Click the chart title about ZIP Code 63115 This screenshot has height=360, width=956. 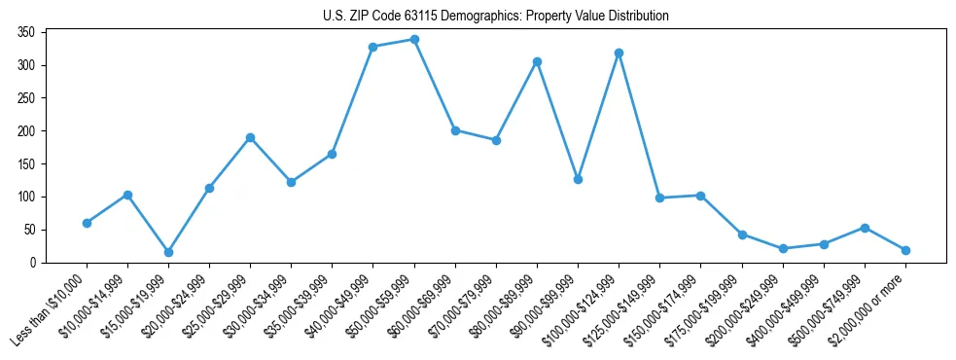coord(495,17)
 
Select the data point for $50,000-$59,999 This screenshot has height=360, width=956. coord(414,40)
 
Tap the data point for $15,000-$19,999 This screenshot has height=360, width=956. coord(168,252)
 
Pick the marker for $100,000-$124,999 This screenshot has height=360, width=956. coord(619,53)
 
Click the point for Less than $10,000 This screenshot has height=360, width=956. coord(87,223)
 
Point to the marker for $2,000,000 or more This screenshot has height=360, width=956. coord(905,250)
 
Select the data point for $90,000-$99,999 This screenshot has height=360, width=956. coord(578,179)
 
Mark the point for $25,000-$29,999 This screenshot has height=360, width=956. coord(250,137)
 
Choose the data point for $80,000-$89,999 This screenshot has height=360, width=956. coord(537,61)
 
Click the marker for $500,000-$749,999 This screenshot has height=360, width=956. coord(865,228)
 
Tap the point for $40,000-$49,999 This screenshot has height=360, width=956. coord(372,47)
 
